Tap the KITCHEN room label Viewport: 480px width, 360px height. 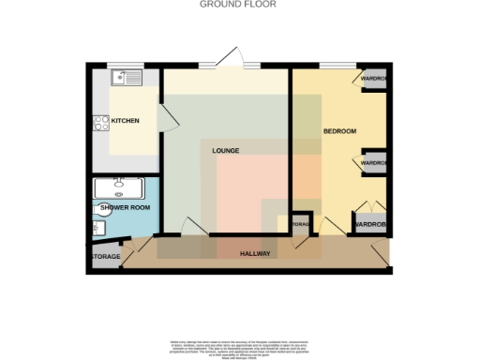(x=125, y=121)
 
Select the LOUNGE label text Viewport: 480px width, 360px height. (x=225, y=151)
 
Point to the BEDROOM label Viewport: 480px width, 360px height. (x=339, y=131)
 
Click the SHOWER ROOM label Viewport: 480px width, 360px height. (x=126, y=207)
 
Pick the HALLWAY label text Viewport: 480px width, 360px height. (x=255, y=254)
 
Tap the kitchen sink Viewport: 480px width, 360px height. (x=124, y=78)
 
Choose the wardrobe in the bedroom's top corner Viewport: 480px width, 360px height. (x=372, y=80)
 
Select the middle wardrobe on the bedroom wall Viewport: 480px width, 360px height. (x=373, y=162)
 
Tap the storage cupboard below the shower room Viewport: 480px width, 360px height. (x=104, y=256)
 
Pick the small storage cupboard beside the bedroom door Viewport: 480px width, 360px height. (x=300, y=226)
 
